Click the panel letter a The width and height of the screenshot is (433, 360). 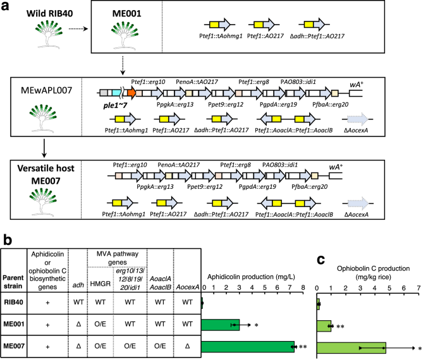click(x=6, y=6)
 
